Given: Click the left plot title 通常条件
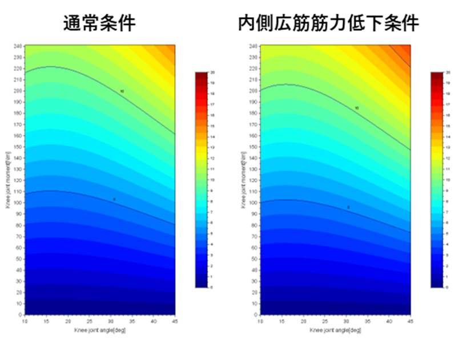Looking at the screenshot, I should [x=99, y=23].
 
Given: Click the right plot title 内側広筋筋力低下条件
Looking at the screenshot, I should [x=328, y=23].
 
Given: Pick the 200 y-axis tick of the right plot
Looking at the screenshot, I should [x=255, y=90].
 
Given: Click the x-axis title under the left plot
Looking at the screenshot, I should [x=99, y=330].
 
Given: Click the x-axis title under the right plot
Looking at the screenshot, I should [x=335, y=330].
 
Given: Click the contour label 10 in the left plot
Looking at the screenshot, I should [x=122, y=91].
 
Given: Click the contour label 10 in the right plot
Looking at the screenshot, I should [x=357, y=108].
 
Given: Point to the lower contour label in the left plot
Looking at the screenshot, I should [x=114, y=199].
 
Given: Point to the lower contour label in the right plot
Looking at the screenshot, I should [x=348, y=207].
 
